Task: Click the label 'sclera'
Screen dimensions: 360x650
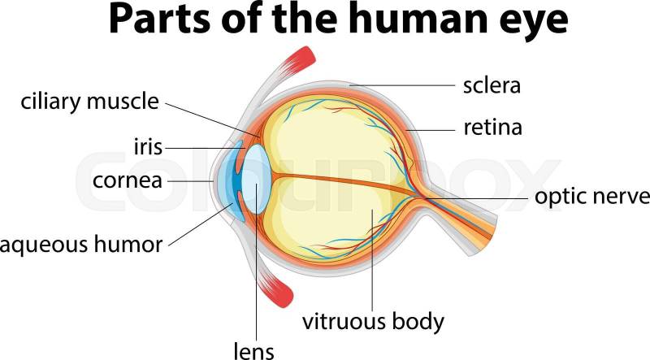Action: (x=491, y=84)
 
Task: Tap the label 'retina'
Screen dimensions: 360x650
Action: (x=492, y=127)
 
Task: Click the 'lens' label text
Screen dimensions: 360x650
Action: (x=254, y=350)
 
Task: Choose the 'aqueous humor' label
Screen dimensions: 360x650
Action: (x=81, y=243)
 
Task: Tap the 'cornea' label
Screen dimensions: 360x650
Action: (x=127, y=180)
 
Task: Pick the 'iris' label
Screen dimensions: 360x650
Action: (x=148, y=148)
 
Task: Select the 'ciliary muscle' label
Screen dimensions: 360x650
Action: (x=89, y=103)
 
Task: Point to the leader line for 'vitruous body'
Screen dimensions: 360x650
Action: (x=371, y=260)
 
